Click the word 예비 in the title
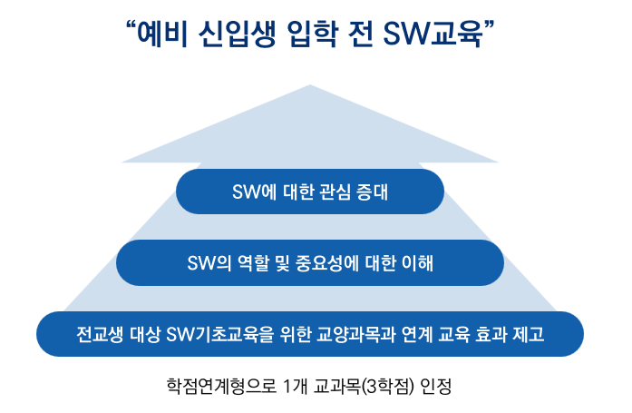tap(162, 34)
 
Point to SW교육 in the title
tap(433, 34)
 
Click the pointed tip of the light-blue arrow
tap(309, 85)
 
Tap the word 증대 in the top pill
tap(372, 192)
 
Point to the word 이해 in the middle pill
tap(417, 263)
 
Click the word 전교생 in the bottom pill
tap(100, 335)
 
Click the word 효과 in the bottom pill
tap(491, 335)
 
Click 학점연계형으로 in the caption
tap(221, 387)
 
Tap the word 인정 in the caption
tap(436, 387)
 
